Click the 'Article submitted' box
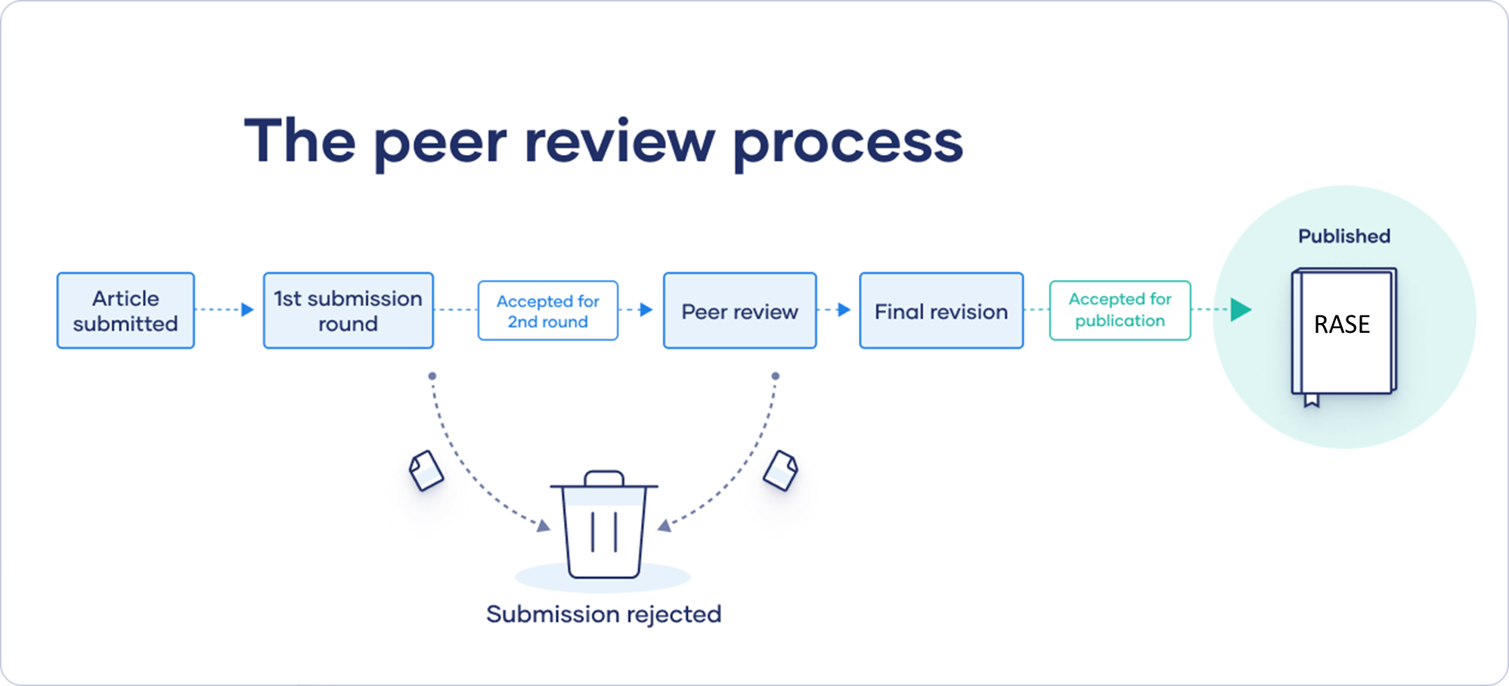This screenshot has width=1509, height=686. tap(125, 311)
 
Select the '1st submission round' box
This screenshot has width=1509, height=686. tap(348, 311)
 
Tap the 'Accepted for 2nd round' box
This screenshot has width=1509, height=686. tap(547, 311)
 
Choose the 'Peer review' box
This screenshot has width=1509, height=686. tap(739, 311)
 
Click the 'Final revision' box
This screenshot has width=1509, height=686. tap(941, 311)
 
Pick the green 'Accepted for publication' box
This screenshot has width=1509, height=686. tap(1120, 310)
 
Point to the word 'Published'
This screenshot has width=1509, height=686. tap(1344, 236)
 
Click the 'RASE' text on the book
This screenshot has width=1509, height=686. tap(1342, 324)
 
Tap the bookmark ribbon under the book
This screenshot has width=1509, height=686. tap(1312, 400)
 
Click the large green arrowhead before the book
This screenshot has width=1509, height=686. tap(1241, 309)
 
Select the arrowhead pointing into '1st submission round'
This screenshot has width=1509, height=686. tap(247, 309)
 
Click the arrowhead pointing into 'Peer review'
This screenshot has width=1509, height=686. tap(646, 309)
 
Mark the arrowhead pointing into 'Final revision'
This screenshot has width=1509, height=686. tap(844, 309)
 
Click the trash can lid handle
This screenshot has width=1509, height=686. tap(604, 477)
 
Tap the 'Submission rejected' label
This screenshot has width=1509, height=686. tap(603, 614)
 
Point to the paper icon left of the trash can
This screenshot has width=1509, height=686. tap(426, 470)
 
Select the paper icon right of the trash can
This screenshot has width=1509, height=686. tap(780, 470)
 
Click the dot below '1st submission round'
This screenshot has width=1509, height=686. tap(432, 376)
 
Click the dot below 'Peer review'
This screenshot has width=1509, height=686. tap(775, 376)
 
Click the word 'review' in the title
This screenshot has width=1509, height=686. tap(619, 141)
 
